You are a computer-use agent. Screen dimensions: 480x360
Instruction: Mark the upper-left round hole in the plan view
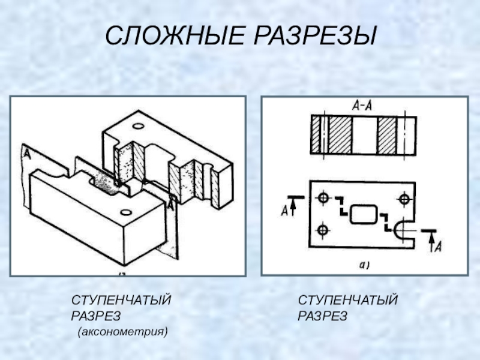point(324,197)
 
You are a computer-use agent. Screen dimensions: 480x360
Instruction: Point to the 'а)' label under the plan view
point(364,264)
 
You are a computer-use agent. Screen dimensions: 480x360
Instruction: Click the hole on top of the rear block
point(138,127)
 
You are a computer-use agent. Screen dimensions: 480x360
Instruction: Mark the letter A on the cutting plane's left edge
point(26,154)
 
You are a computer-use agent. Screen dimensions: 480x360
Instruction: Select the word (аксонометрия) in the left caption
point(122,331)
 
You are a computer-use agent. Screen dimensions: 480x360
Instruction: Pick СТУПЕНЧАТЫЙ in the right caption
point(349,299)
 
